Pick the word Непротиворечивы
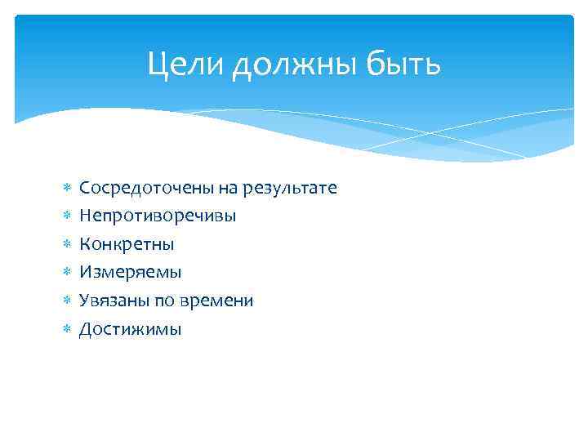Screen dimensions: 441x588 pos(158,216)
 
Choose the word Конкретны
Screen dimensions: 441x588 pos(127,244)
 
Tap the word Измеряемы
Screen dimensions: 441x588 pos(131,272)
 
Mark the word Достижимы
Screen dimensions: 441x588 pos(131,329)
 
